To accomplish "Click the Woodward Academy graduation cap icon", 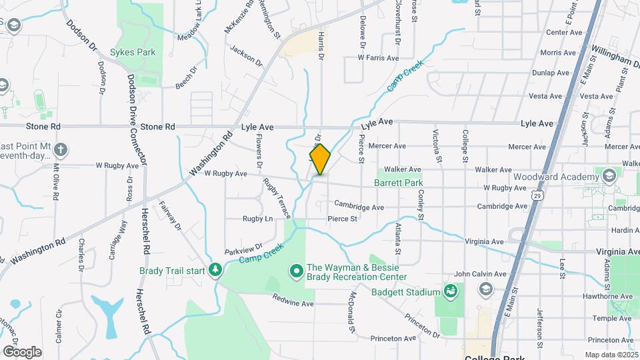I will pos(608,176).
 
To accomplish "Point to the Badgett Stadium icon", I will pos(451,291).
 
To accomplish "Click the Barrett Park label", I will pos(398,182).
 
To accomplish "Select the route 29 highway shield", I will pos(537,195).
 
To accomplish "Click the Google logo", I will pos(21,352).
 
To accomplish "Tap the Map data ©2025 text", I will pos(610,355).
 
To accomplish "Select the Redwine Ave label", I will pos(294,303).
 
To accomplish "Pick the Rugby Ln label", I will pos(257,219).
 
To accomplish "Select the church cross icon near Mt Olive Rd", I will pos(61,149).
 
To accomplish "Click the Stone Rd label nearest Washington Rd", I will pos(157,126).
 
